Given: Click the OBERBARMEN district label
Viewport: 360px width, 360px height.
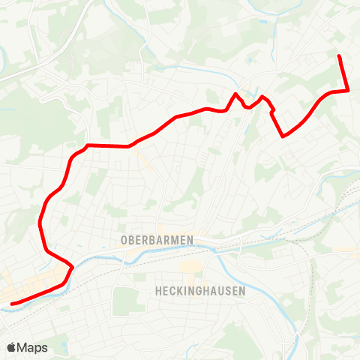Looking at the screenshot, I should pos(156,240).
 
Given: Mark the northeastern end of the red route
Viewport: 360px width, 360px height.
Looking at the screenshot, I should pos(340,56).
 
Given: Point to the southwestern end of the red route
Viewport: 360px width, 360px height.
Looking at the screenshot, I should pos(12,304).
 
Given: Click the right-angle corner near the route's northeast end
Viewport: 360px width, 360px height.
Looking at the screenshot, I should pos(349,91).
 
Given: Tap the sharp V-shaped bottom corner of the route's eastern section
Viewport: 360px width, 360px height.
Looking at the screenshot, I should pos(283,136).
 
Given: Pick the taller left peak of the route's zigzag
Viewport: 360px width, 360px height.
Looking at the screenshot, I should pos(235,94).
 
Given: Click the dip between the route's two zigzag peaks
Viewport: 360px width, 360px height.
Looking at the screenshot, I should pos(247,107).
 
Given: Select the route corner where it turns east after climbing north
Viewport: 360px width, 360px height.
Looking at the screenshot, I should pos(88,145).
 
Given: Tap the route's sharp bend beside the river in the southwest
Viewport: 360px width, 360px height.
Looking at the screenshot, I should pos(72,265).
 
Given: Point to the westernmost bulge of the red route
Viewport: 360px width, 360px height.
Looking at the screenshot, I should pos(39,222).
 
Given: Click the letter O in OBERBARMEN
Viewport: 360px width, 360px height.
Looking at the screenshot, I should pos(123,240).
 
